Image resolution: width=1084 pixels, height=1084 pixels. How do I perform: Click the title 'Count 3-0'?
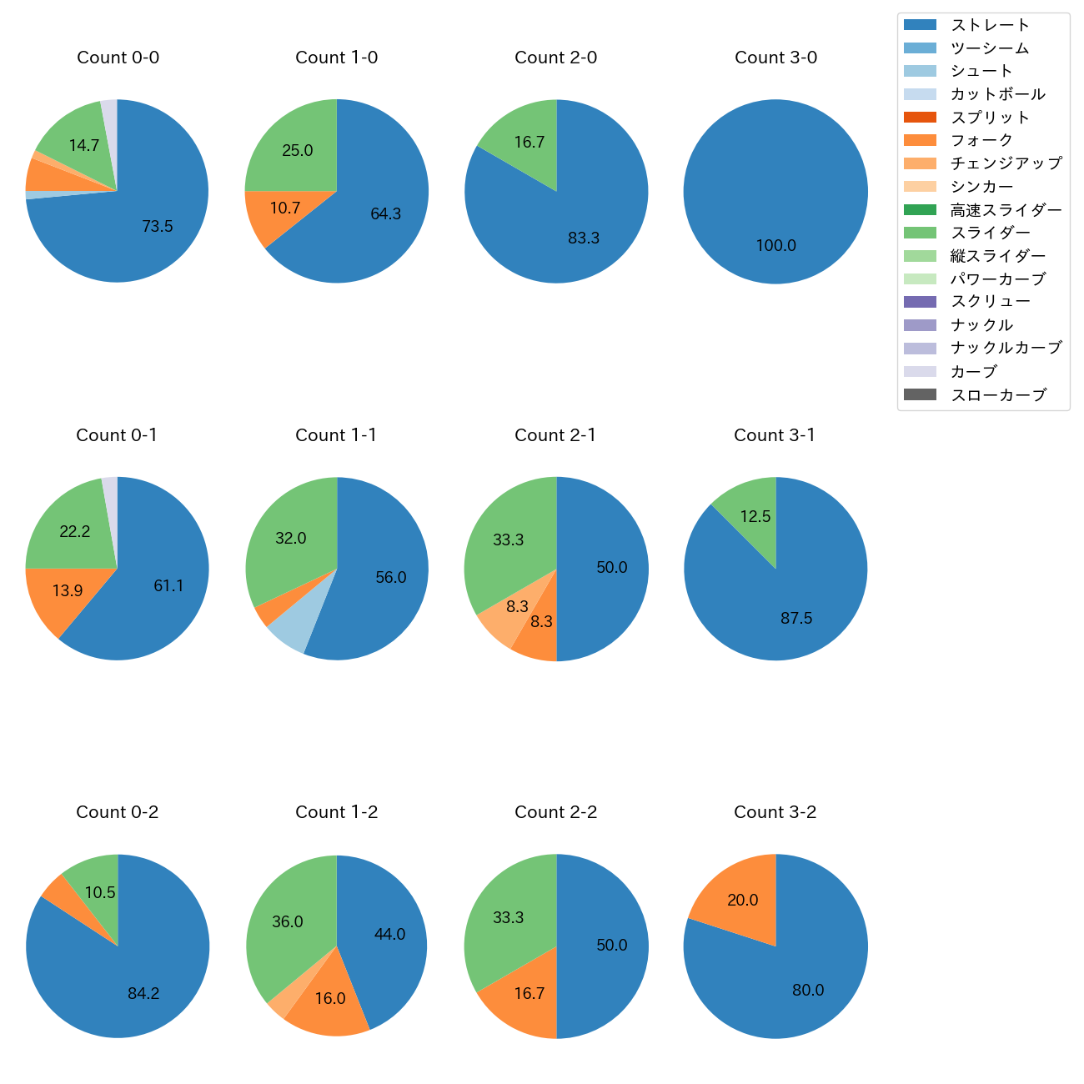[x=775, y=58]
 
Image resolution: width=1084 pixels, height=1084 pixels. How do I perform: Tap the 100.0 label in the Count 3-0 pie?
[x=775, y=246]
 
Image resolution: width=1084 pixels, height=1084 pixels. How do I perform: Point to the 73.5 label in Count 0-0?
[x=157, y=226]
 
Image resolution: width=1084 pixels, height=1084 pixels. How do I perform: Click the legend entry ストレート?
[x=990, y=25]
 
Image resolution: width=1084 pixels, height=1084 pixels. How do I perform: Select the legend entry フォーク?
[x=981, y=140]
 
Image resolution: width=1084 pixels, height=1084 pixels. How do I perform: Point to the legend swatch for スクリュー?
[x=920, y=302]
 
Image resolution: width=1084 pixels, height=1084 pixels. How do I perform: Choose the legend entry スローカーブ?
[x=998, y=395]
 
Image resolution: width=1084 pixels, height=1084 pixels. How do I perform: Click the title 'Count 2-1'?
[x=555, y=435]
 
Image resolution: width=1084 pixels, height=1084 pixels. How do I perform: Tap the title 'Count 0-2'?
[x=118, y=812]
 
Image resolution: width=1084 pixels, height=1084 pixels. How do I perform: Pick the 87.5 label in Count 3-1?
[x=796, y=618]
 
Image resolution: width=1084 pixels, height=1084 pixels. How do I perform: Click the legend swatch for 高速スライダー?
[x=920, y=209]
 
